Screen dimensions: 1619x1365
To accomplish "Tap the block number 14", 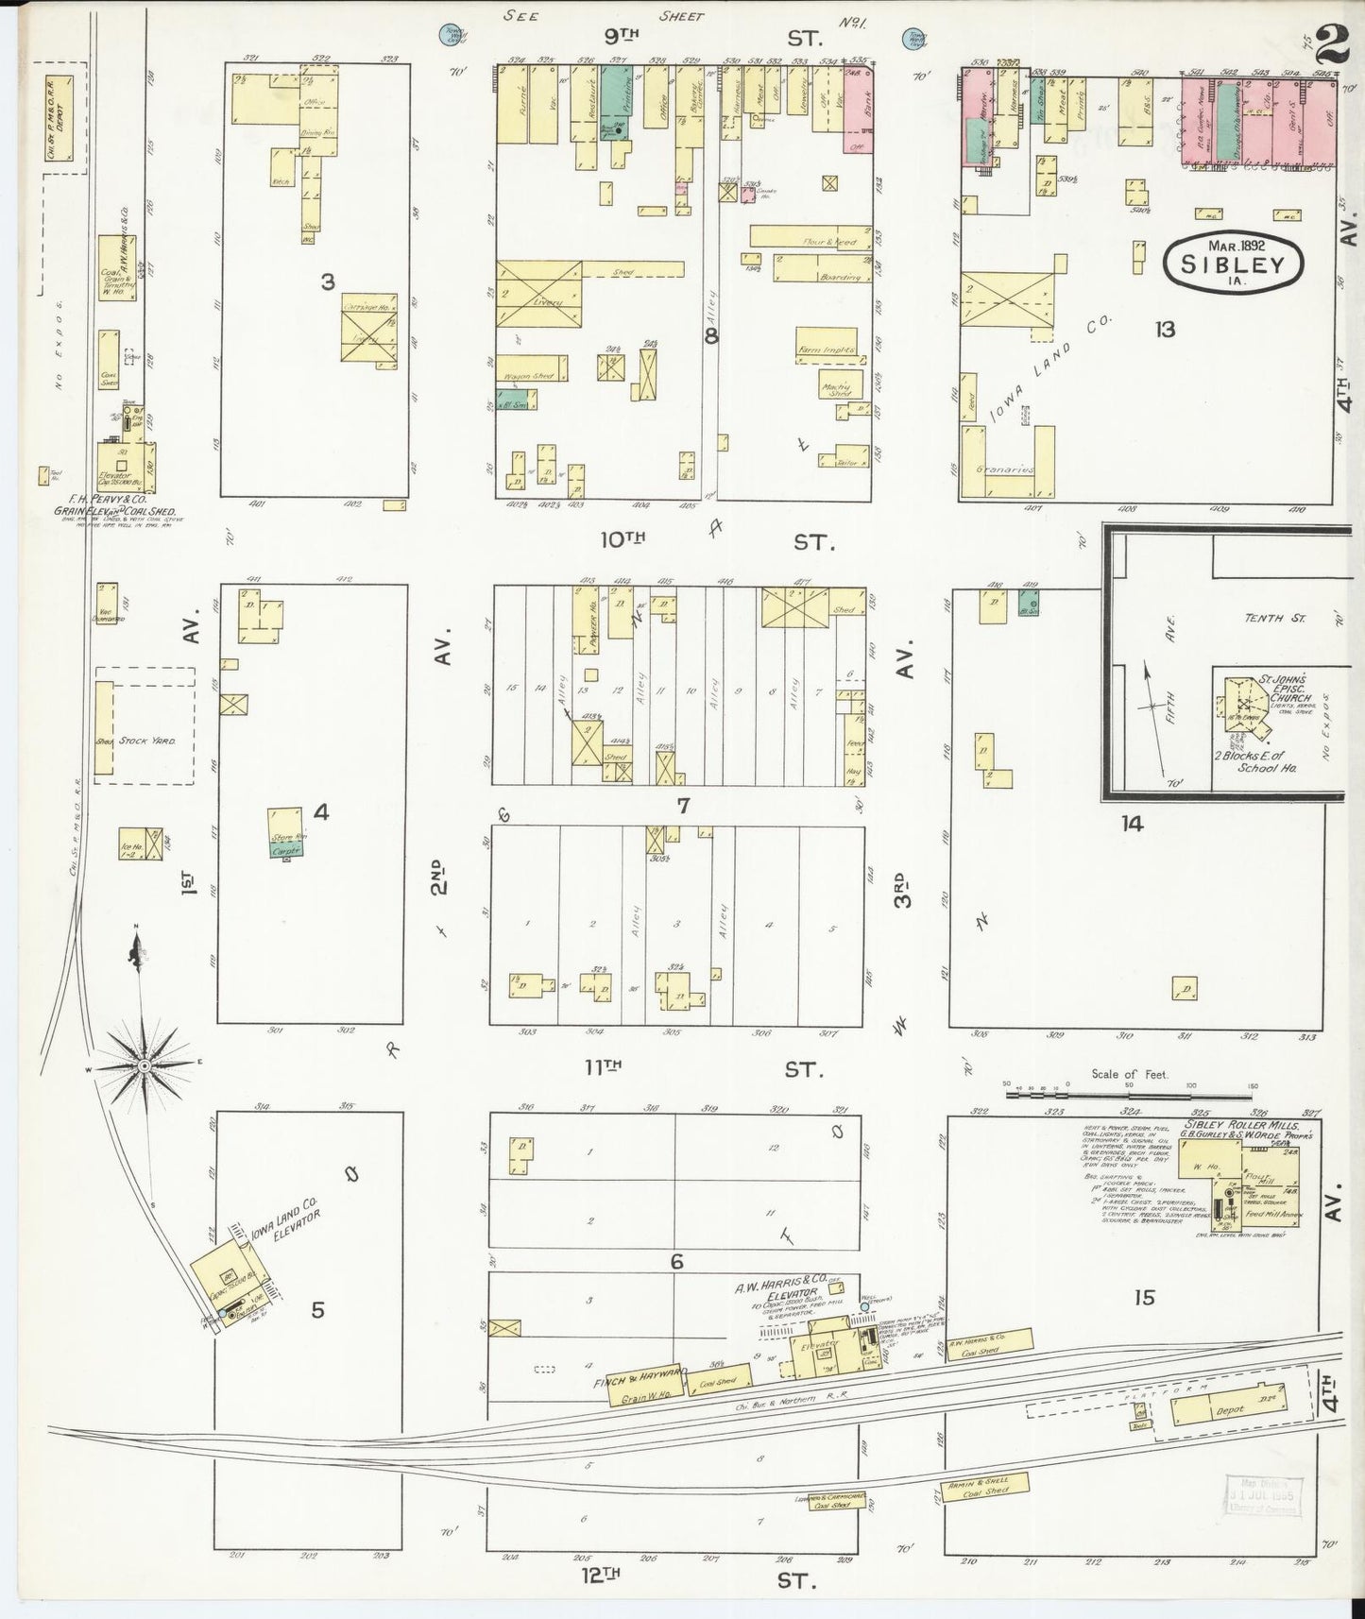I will pyautogui.click(x=1132, y=824).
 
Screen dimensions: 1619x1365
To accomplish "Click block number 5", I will pyautogui.click(x=318, y=1310).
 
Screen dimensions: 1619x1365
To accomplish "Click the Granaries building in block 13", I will pyautogui.click(x=1008, y=467).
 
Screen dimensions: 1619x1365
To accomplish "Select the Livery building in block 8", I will pyautogui.click(x=538, y=293).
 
